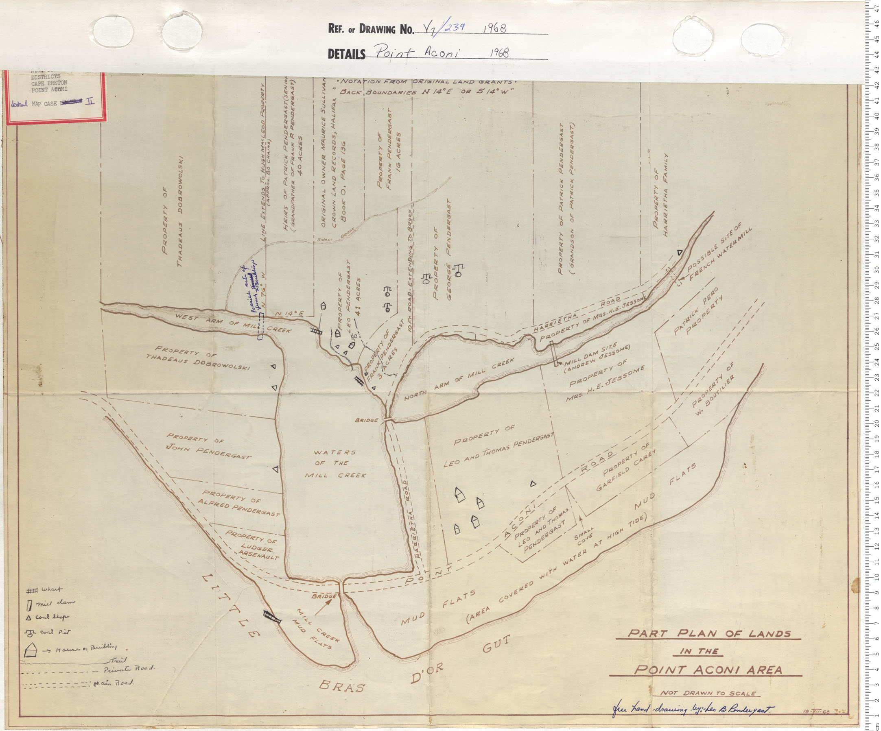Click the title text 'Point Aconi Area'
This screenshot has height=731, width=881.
pos(708,669)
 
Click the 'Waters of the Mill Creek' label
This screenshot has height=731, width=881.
pos(336,463)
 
